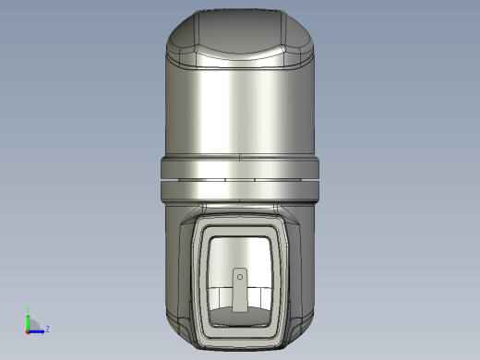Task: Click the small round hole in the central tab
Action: pyautogui.click(x=240, y=275)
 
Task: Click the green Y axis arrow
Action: pyautogui.click(x=28, y=319)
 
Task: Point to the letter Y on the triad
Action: pyautogui.click(x=28, y=312)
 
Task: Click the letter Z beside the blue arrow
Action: pyautogui.click(x=47, y=329)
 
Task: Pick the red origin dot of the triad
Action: pyautogui.click(x=28, y=330)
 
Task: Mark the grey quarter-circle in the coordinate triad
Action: pyautogui.click(x=32, y=325)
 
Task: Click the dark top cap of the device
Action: pyautogui.click(x=240, y=32)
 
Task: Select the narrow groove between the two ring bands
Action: pyautogui.click(x=240, y=179)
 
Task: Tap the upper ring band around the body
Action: pyautogui.click(x=240, y=167)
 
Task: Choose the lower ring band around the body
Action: pyautogui.click(x=240, y=189)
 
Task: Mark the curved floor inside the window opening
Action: pyautogui.click(x=240, y=318)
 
